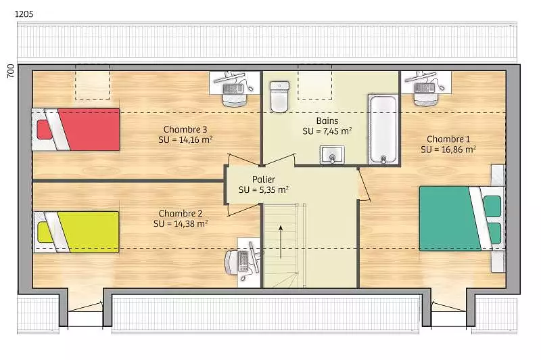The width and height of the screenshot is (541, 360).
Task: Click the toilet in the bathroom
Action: point(279,97)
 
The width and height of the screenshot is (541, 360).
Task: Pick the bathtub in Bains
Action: point(383,129)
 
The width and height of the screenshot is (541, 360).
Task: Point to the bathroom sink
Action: point(332,155)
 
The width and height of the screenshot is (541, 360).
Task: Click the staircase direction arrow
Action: point(281,242)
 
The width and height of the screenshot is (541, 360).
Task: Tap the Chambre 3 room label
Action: point(185,129)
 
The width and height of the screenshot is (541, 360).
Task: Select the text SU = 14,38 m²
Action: point(181,224)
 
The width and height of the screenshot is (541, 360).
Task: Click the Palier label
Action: point(264,179)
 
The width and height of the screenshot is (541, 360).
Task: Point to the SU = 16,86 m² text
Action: point(448,150)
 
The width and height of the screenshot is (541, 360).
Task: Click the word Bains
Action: point(327,121)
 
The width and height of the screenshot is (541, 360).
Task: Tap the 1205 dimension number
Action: point(24,14)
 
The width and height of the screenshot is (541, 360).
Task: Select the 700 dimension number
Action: point(11,71)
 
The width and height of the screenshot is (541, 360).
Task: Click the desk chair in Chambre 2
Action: point(231,263)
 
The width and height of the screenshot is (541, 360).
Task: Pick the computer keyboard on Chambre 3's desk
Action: point(233,89)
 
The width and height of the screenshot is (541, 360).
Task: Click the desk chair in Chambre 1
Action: point(425,99)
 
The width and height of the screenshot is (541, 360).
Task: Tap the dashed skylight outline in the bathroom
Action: point(314,82)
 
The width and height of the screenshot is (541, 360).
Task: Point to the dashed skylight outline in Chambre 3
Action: point(92,82)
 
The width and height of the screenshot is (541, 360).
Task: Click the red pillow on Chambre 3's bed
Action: point(45,129)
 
